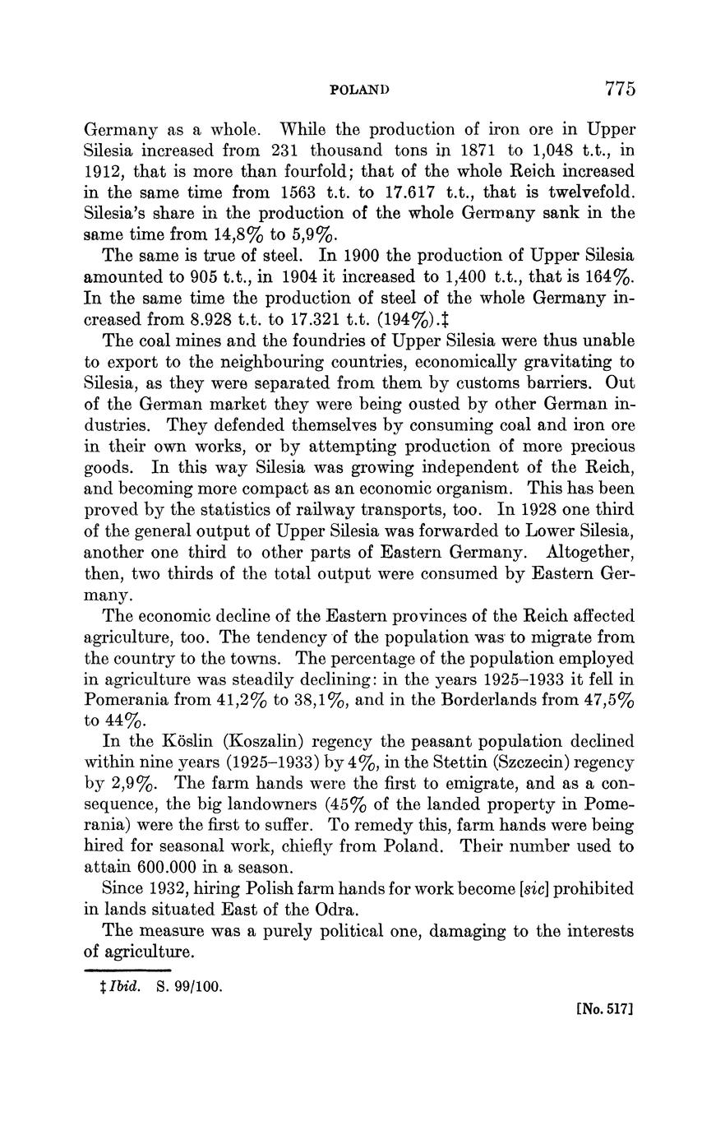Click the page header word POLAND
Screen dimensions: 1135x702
[358, 90]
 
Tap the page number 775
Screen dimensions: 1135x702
[620, 89]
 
